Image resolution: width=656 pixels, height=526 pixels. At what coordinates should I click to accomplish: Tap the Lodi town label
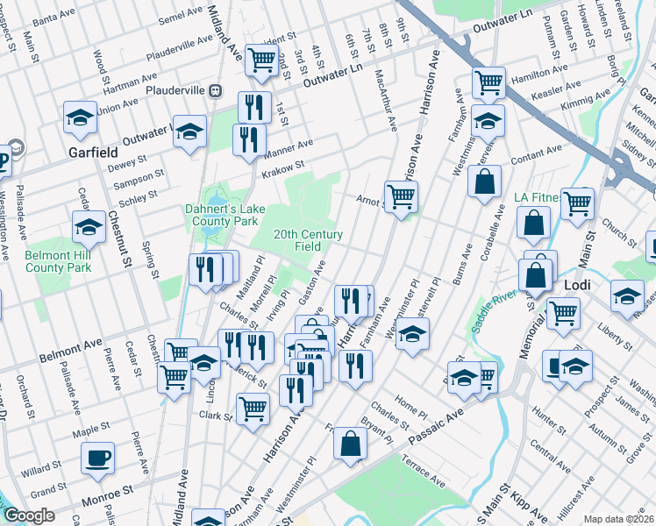(577, 287)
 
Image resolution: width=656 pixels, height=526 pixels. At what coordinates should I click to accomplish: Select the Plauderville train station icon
(215, 90)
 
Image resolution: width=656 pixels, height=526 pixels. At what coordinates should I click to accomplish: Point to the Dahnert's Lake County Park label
(221, 215)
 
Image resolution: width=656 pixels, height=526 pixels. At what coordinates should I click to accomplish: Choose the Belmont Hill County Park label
(59, 261)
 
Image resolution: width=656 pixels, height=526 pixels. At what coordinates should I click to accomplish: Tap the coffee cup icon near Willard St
(97, 458)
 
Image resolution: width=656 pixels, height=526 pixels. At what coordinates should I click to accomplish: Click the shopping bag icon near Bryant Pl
(351, 444)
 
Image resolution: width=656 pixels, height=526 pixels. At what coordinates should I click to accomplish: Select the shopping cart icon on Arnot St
(401, 197)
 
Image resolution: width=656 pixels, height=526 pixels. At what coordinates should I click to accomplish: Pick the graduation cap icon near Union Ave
(79, 117)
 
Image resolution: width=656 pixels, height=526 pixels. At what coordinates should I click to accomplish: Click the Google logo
(29, 516)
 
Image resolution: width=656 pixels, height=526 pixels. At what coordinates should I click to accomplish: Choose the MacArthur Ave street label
(385, 100)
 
